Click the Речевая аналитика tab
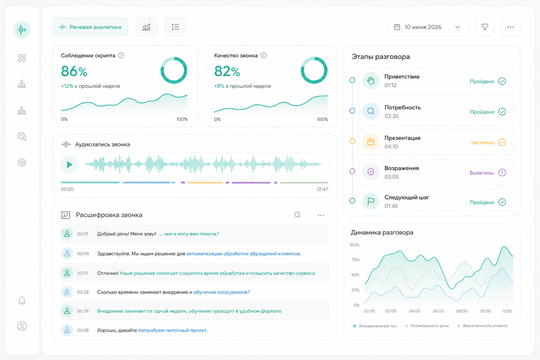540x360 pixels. click(90, 27)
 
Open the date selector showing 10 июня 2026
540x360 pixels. click(428, 27)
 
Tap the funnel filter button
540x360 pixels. click(485, 27)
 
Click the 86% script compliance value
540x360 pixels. click(74, 71)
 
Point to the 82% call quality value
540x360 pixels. click(227, 71)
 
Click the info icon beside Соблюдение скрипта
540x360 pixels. click(121, 56)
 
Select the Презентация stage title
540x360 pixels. click(402, 138)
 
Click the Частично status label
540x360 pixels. click(482, 142)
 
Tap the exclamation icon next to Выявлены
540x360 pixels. click(502, 173)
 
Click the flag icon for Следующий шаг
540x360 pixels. click(371, 201)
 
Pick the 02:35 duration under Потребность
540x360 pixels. click(392, 116)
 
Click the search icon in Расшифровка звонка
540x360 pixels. click(297, 214)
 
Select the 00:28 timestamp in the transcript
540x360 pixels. click(83, 292)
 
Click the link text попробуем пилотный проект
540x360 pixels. click(173, 330)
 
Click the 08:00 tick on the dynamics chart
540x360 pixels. click(462, 311)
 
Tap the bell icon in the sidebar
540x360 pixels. click(22, 301)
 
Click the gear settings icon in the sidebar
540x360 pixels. click(22, 162)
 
